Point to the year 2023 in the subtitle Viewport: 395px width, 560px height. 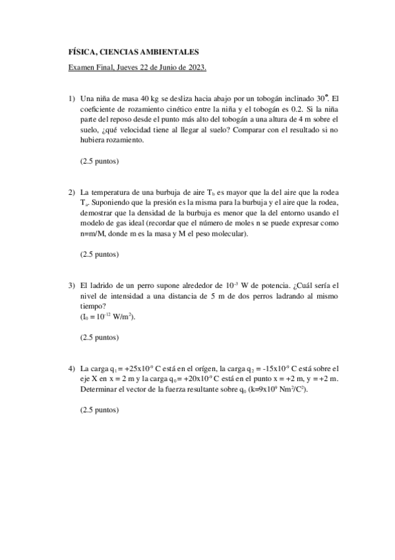(196, 67)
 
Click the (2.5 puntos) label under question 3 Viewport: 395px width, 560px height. (99, 337)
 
